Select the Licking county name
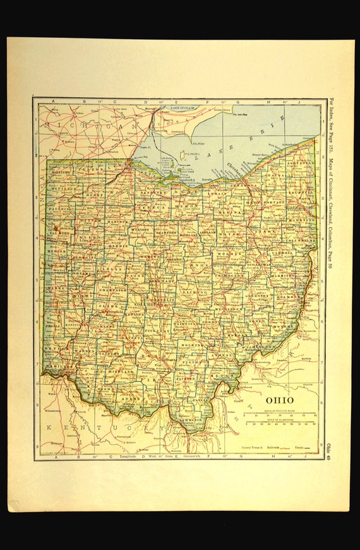194,293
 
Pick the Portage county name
275,201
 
